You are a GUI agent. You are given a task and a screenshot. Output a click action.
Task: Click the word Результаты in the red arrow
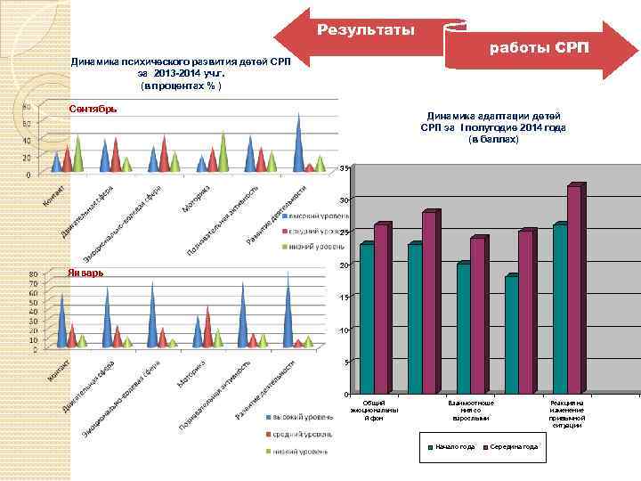[x=365, y=31]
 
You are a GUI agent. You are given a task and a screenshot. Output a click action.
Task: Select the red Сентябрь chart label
[x=93, y=110]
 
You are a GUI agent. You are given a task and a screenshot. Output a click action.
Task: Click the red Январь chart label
[x=85, y=272]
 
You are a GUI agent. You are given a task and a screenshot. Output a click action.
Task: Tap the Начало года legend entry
[x=451, y=446]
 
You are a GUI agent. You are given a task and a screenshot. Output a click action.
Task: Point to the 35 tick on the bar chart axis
[x=344, y=168]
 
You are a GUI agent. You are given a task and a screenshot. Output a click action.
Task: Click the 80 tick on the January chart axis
[x=33, y=273]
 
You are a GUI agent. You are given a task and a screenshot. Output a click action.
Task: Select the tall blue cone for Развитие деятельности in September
[x=298, y=142]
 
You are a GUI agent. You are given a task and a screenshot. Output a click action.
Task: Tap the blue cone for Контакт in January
[x=61, y=321]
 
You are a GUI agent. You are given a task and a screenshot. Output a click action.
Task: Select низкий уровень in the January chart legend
[x=303, y=451]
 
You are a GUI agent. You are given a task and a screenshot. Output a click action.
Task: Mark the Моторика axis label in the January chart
[x=191, y=373]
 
